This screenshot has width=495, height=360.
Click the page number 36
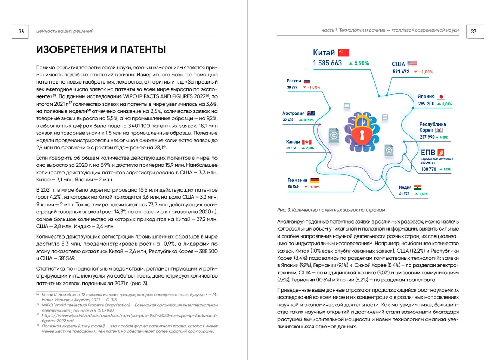coord(21,32)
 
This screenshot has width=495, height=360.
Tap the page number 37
coord(474,32)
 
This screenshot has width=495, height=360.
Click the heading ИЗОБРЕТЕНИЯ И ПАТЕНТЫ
coord(101,50)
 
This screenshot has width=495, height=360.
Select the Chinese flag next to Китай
coord(344,53)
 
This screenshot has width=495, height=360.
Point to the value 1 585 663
coord(327,63)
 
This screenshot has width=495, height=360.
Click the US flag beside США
coord(412,64)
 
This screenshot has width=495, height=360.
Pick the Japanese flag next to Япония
coord(441,96)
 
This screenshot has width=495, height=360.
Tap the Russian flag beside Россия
coord(307,81)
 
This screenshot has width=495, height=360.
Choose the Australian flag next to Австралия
coord(311,113)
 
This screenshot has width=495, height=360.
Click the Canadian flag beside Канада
coord(307,142)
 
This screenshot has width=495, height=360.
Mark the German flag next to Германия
coord(315,180)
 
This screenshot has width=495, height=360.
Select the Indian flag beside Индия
coord(417,187)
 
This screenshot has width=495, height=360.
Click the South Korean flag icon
coord(439,130)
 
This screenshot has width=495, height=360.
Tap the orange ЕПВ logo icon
coord(441,153)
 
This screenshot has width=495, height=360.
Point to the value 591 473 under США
coord(401,72)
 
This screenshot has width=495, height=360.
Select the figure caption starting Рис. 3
coord(331,210)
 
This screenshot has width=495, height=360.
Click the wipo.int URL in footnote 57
coord(129,315)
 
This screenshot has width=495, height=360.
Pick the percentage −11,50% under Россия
coord(313,88)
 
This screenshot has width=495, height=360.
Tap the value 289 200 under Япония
coord(426,104)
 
